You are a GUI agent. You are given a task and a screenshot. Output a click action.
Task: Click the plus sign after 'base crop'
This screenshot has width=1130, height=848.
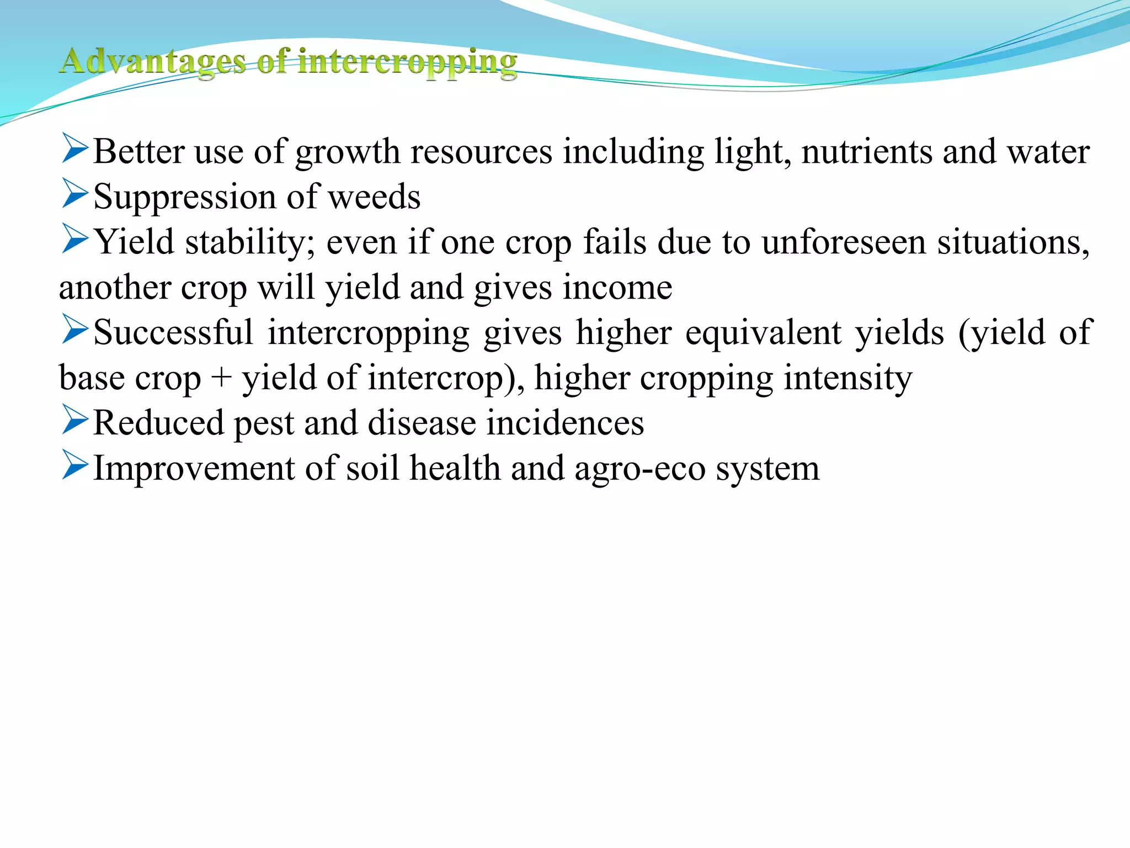[x=221, y=379]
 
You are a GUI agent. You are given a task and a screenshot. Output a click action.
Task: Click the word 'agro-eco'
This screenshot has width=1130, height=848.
[x=640, y=469]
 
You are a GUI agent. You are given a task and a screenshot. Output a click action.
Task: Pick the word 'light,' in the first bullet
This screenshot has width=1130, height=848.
[x=753, y=151]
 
